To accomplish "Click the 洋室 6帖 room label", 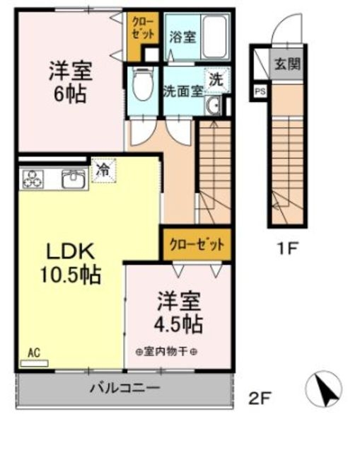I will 70,82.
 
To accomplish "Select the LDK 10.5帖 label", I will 73,263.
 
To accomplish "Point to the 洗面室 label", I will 183,91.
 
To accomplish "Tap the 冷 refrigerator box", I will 103,170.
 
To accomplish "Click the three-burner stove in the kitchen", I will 33,179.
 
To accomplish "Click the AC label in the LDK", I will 34,352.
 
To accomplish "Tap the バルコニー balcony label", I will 124,388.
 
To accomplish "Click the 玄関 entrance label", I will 286,63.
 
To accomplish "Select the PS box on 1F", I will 260,90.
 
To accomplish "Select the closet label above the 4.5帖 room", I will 196,245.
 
